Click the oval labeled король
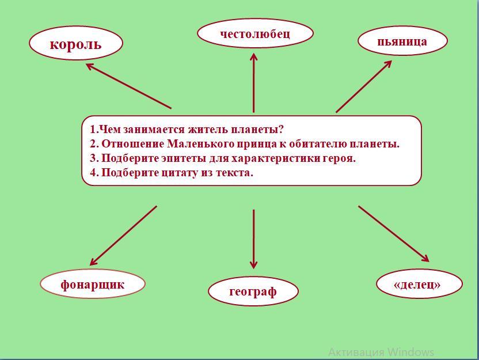(x=76, y=44)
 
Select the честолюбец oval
(x=255, y=33)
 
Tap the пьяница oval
(x=402, y=41)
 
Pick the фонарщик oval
(x=93, y=284)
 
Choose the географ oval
(x=253, y=291)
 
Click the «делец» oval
(x=419, y=284)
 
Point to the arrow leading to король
(x=128, y=86)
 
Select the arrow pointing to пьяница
(x=364, y=86)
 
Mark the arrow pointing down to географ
(x=253, y=238)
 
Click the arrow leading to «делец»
(x=394, y=234)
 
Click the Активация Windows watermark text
(x=381, y=352)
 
